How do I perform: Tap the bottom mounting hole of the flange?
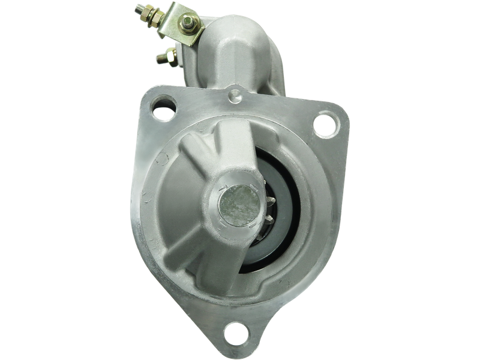pos(236,331)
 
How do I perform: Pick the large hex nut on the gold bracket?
pos(187,23)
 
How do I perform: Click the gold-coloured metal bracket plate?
pos(180,24)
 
